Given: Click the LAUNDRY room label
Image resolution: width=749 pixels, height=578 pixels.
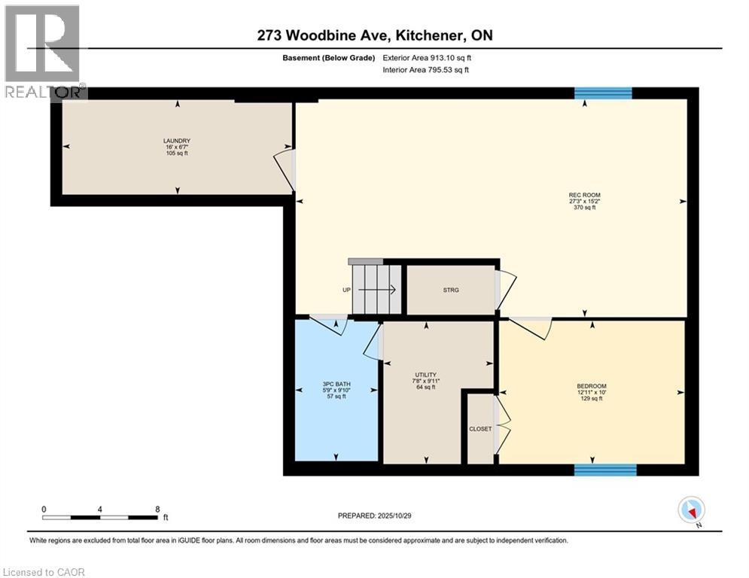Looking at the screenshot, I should [177, 141].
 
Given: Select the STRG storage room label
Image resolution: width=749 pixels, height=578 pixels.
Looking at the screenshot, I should [450, 290].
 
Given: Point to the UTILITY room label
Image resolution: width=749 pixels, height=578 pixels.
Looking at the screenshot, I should [426, 375].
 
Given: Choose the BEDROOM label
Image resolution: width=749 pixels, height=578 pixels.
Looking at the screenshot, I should [592, 386].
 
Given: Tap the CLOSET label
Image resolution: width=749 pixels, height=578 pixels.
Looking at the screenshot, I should [480, 429].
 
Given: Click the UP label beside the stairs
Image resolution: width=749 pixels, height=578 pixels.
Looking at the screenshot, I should [347, 290].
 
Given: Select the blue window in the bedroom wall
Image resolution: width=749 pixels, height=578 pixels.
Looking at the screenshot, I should [605, 470].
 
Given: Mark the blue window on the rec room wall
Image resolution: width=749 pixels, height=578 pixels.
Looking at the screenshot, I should [603, 93].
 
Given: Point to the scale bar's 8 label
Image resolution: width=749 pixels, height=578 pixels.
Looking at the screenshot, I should [157, 509].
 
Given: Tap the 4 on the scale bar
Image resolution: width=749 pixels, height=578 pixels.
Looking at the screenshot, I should [100, 509].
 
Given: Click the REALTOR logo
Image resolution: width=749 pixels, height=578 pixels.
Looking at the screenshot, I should [44, 51].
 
